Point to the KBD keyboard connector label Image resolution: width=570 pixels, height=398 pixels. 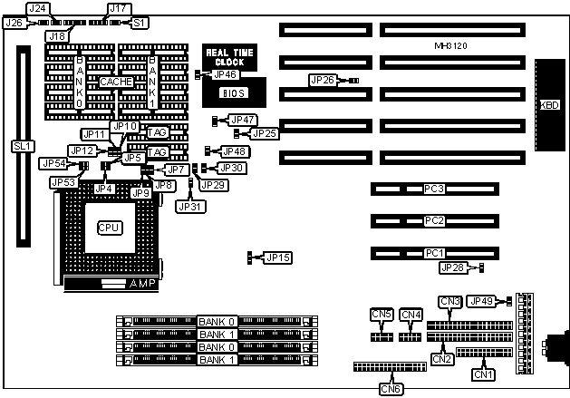click(548, 105)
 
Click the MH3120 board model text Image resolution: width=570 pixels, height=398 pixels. click(450, 44)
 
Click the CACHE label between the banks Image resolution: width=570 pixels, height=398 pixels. click(116, 82)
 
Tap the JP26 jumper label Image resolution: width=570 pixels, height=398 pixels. click(323, 80)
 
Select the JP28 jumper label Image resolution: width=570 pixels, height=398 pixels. click(451, 267)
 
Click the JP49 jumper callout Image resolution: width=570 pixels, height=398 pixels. click(482, 301)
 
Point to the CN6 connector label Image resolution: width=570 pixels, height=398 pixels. click(390, 389)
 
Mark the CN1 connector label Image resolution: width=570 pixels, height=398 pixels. click(483, 373)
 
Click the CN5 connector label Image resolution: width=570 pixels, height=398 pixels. click(382, 315)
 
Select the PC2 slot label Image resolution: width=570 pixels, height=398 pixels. click(434, 220)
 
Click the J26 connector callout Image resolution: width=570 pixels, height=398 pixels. click(14, 22)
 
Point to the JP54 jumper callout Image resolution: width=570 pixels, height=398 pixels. click(52, 163)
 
